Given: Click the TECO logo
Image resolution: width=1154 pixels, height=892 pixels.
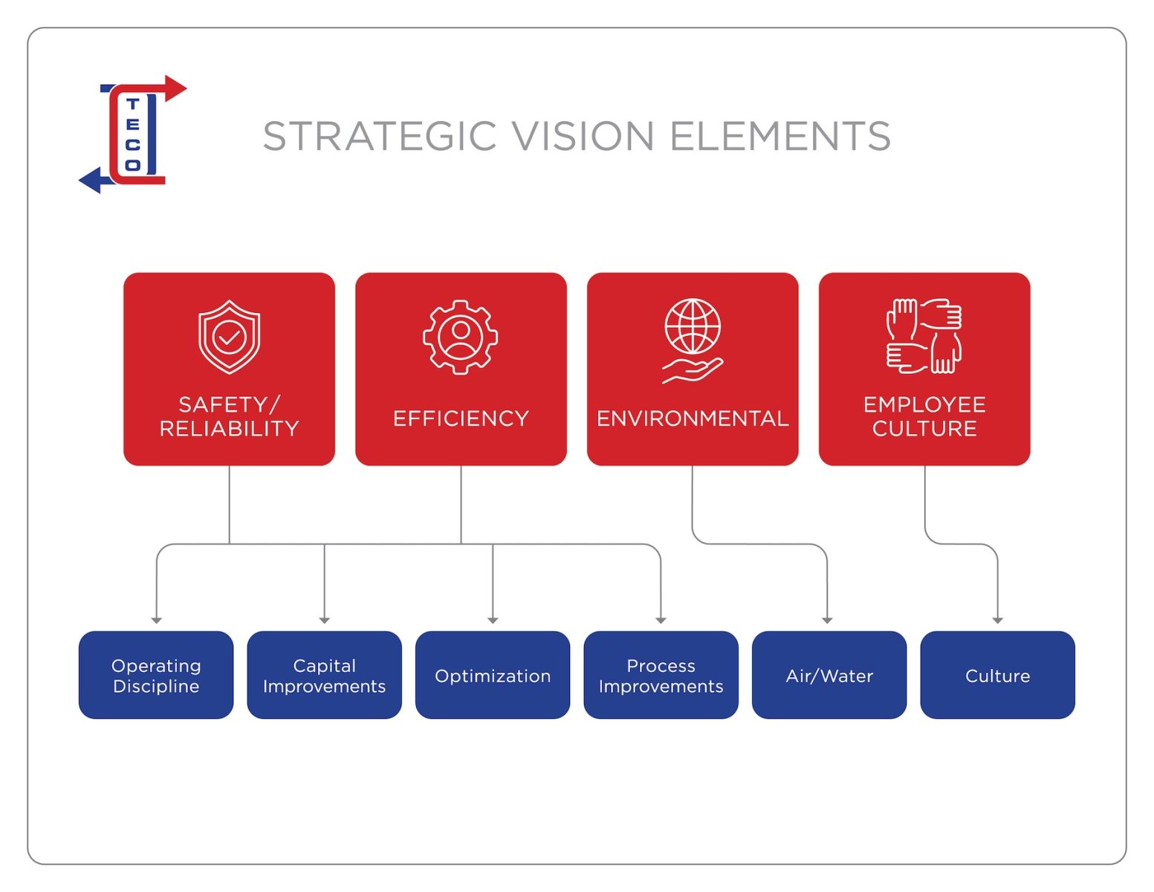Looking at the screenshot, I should click(x=132, y=135).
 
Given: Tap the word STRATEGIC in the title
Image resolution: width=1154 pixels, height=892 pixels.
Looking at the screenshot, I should click(x=379, y=137).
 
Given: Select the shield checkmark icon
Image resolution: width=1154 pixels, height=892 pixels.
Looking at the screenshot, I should click(x=229, y=337).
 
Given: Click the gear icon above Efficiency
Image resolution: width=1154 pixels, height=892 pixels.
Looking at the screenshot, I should click(x=461, y=337).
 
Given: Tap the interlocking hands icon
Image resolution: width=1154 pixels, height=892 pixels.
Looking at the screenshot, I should click(x=924, y=335).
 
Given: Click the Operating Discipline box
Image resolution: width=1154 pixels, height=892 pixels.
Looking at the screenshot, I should click(x=156, y=675).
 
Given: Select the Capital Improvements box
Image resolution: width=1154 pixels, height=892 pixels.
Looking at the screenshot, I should click(x=324, y=675).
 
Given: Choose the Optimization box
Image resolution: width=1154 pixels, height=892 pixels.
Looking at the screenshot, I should click(x=493, y=675).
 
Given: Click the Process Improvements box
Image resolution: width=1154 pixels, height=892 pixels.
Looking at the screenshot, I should click(x=661, y=675).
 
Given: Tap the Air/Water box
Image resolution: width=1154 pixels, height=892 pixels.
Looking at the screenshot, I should click(x=829, y=675).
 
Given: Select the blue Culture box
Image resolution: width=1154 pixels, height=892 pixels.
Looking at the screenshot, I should click(x=997, y=675).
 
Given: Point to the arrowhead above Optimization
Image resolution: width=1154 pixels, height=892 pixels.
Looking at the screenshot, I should click(x=493, y=620).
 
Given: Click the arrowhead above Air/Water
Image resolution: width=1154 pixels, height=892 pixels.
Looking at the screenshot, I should click(x=827, y=620).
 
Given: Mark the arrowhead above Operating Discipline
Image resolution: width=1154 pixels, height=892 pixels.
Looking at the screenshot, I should click(x=156, y=620).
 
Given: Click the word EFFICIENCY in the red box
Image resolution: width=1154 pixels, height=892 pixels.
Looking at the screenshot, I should click(x=461, y=418).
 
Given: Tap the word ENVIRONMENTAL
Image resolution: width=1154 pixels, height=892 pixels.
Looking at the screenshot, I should click(x=693, y=418).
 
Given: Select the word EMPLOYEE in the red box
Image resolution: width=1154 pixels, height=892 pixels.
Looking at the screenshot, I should click(x=924, y=404).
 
